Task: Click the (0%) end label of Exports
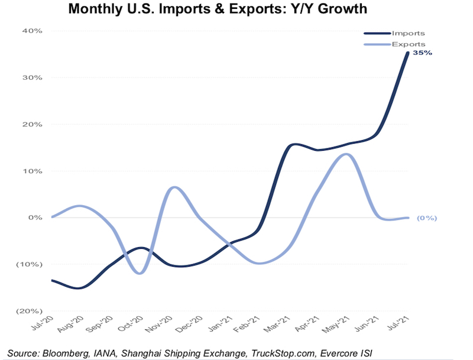[426, 218]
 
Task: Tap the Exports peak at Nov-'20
[172, 187]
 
